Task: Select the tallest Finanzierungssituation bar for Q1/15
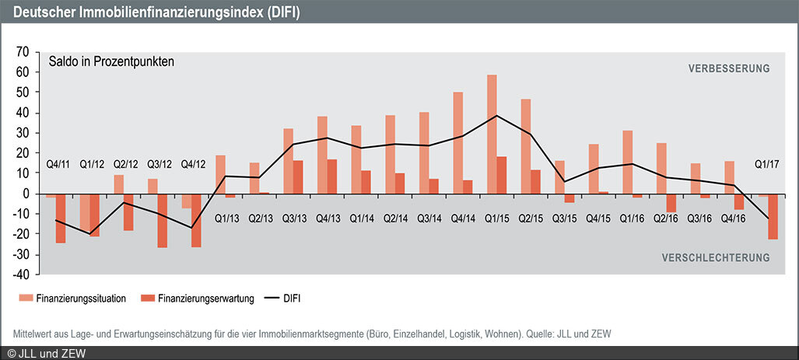point(492,134)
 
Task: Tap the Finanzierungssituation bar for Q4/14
point(458,142)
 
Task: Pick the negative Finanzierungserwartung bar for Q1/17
point(773,217)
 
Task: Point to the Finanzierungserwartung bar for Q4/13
point(332,177)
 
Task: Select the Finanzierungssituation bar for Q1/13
point(220,174)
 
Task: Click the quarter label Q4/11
point(60,165)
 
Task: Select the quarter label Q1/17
point(768,165)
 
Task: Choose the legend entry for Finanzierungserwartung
point(198,298)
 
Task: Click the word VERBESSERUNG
point(728,68)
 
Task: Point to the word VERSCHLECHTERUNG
point(715,257)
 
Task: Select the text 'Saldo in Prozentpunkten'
point(110,61)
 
